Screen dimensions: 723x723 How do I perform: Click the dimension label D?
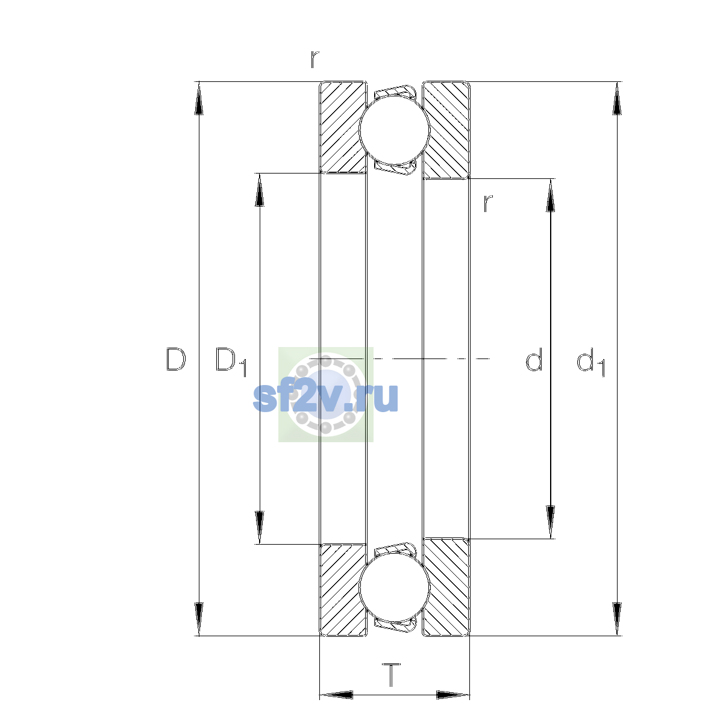point(175,359)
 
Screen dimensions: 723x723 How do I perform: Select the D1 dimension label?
point(231,361)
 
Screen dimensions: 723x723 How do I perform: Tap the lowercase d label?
point(534,359)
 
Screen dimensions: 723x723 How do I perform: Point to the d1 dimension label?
point(590,361)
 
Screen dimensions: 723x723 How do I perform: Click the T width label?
point(391,675)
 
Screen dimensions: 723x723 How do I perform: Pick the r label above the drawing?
point(315,59)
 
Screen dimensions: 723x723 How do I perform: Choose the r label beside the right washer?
point(487,204)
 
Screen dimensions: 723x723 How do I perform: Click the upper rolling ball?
point(394,130)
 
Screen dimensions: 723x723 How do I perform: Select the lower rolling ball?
point(394,588)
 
